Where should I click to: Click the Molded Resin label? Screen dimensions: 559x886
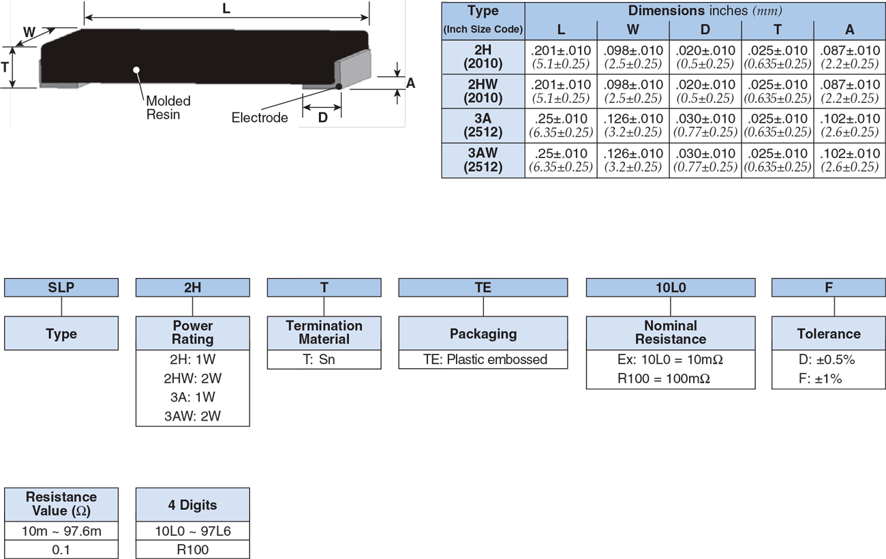point(168,108)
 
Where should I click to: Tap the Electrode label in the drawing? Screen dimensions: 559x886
point(260,117)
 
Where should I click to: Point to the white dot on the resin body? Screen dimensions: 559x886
point(136,70)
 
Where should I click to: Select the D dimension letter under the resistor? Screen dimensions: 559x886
point(322,117)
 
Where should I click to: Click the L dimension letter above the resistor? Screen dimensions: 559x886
point(226,10)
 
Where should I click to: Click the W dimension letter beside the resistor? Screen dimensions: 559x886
point(29,33)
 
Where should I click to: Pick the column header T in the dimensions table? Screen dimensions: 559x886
point(777,30)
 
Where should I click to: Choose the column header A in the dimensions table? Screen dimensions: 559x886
point(849,30)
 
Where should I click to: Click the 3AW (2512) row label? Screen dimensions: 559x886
point(483,160)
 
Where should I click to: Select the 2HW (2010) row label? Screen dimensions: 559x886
point(483,91)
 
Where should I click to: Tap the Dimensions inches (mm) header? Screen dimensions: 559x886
point(705,11)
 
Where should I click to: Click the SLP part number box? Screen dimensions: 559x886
point(61,288)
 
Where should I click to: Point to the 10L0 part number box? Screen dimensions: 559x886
point(671,288)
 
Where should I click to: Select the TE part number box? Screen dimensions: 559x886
point(483,288)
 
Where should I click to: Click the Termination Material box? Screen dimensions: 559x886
point(324,333)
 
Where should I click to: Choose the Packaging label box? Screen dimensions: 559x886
point(483,334)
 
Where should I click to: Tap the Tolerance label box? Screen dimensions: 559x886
point(828,334)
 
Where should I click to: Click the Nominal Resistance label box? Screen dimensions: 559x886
point(671,333)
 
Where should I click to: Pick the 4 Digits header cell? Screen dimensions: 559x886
point(193,505)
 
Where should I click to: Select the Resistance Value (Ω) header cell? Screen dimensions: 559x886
point(61,504)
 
